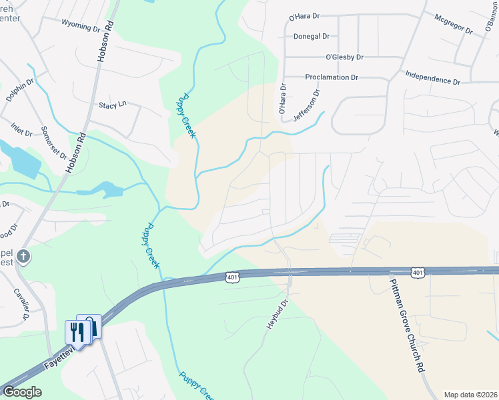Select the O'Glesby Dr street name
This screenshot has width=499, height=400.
tap(344, 57)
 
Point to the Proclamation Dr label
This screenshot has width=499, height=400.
tap(332, 77)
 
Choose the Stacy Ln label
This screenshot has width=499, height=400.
tap(112, 105)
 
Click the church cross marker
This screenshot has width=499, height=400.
tap(23, 256)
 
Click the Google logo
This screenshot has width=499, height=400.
tap(22, 392)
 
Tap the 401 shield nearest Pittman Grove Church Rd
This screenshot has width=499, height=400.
tap(417, 273)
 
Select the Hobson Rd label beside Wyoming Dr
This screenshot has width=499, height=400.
tap(106, 41)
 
